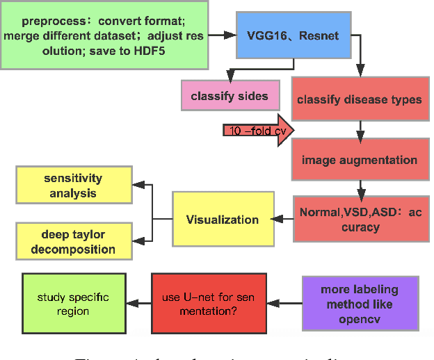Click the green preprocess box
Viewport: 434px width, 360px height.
pos(104,35)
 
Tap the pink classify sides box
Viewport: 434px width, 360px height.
pos(229,96)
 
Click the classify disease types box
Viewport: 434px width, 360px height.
pos(359,99)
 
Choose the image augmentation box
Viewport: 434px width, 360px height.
pos(359,160)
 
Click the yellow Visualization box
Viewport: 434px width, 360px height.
pos(222,220)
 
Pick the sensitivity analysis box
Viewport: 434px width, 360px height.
pos(73,186)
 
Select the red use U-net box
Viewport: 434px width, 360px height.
pos(209,303)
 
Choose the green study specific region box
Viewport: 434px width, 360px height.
pos(73,304)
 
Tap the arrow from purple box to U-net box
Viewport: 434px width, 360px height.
pos(285,304)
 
